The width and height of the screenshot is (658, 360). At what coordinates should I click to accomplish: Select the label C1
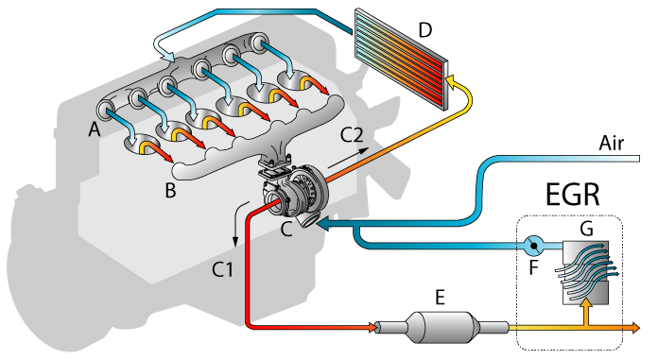[222, 270]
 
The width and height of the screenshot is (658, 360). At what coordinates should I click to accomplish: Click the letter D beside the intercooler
[425, 29]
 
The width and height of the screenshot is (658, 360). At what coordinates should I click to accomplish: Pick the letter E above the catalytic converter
[439, 297]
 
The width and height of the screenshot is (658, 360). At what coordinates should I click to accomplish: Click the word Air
[615, 143]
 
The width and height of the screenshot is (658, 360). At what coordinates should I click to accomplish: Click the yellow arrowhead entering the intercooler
[454, 87]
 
